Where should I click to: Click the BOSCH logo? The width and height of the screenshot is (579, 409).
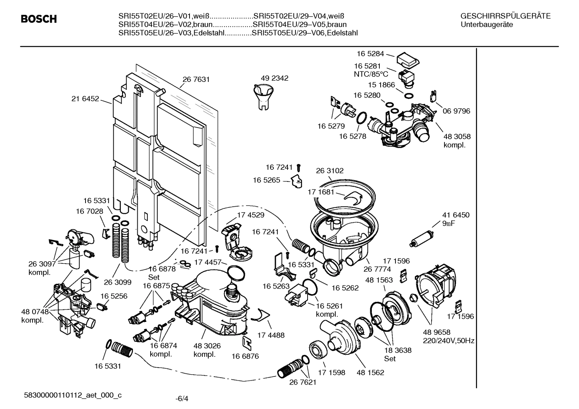[x=39, y=19]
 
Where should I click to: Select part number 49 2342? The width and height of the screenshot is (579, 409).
[x=275, y=78]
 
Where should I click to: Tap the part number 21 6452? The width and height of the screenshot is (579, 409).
[x=85, y=99]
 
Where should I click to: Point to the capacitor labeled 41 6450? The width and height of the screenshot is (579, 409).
[x=422, y=238]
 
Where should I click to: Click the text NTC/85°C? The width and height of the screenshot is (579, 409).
[x=371, y=74]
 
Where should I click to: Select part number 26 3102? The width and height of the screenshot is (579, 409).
[x=330, y=171]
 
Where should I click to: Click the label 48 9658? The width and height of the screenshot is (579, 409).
[x=437, y=332]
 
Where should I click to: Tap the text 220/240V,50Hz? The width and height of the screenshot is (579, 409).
[x=449, y=341]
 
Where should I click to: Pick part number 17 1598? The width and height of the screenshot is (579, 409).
[x=331, y=372]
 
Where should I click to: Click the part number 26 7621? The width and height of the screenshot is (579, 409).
[x=303, y=382]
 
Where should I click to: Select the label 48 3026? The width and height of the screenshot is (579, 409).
[x=207, y=346]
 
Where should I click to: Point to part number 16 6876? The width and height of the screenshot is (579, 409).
[x=245, y=356]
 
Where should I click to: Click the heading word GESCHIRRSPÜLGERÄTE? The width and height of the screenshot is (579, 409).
[x=505, y=16]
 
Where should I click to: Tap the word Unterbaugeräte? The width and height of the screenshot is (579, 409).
[x=487, y=24]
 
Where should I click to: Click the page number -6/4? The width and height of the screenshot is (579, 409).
[x=182, y=399]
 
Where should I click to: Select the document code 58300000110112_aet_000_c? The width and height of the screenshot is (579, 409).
[x=73, y=395]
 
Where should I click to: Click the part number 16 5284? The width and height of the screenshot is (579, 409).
[x=370, y=53]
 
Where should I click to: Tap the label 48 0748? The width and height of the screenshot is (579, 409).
[x=35, y=312]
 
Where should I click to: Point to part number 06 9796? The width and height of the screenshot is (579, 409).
[x=456, y=111]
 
